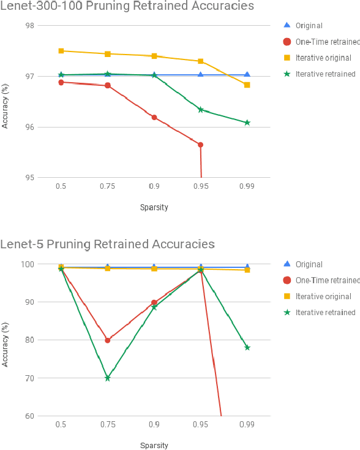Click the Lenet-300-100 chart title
(x=127, y=7)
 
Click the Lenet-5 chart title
(x=107, y=244)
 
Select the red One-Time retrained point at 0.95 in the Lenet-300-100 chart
(x=200, y=145)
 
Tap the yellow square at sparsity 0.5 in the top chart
(x=61, y=51)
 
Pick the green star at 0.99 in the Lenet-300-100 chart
(x=247, y=123)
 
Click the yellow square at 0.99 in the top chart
(x=247, y=85)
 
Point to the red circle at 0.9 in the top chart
(x=154, y=117)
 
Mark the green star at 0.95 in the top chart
(x=200, y=110)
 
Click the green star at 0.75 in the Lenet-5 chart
(x=107, y=378)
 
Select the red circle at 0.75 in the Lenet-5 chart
(x=107, y=340)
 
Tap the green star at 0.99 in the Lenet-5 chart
(x=247, y=348)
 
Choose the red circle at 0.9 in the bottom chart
(x=154, y=302)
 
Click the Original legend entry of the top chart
(x=309, y=26)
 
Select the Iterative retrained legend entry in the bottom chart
(x=324, y=312)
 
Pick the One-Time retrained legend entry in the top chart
(x=327, y=42)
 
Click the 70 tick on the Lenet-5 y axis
(x=30, y=378)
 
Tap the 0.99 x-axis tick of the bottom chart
(x=247, y=424)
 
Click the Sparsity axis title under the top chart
(x=154, y=207)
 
